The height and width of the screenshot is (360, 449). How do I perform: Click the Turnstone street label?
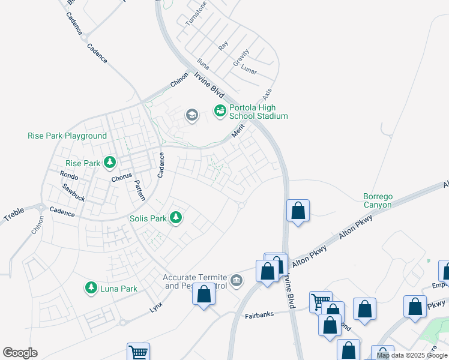coord(196,13)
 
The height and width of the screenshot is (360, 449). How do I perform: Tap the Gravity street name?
coord(241,58)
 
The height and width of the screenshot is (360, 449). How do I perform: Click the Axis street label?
coord(267,94)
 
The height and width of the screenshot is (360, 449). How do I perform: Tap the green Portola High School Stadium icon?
coord(220,110)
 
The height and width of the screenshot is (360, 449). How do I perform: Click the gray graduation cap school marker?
coord(191,115)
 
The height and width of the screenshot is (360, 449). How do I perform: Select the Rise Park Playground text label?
coord(67,136)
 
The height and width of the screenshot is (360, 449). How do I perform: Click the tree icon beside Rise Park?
coord(110,162)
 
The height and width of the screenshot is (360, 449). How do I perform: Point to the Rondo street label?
coord(70,175)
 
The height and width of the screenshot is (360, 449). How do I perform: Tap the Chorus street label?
coord(121,179)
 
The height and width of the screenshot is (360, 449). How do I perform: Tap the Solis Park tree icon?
coord(176,217)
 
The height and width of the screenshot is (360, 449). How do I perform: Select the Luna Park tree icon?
coord(91,288)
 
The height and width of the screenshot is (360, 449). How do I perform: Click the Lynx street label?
coord(156,307)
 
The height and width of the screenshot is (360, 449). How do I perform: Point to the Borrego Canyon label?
coord(377,200)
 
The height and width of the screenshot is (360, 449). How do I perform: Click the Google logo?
coord(20,353)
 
